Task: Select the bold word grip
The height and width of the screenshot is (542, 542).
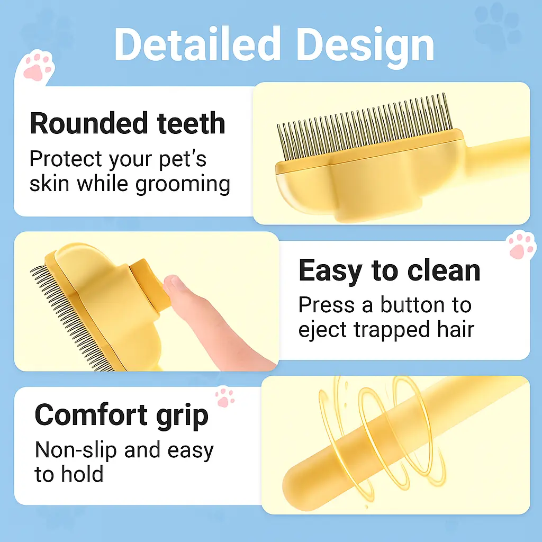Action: (181, 416)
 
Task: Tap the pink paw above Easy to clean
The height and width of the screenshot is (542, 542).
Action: (521, 245)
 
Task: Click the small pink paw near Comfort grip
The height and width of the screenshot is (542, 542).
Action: (225, 397)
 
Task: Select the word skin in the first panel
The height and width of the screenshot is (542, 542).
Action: (50, 184)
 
